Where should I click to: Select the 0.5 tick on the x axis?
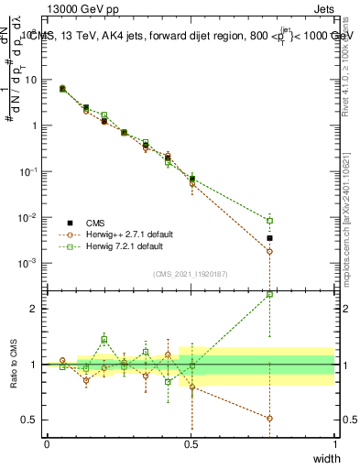click(191, 444)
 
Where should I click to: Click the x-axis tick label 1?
click(334, 444)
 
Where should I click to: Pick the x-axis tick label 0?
click(47, 444)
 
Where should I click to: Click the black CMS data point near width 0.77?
click(269, 238)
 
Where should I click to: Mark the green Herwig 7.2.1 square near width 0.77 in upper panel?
click(269, 221)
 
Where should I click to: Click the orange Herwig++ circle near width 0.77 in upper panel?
click(269, 251)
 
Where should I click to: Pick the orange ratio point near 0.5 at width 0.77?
click(269, 418)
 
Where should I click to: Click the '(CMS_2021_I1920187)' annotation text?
click(190, 274)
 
